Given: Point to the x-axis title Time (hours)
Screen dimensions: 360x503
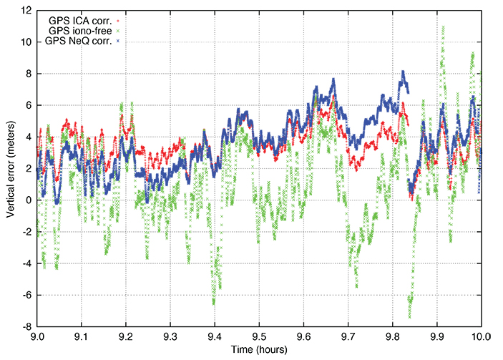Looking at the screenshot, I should pyautogui.click(x=259, y=350).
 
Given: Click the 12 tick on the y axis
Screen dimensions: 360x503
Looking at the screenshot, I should pyautogui.click(x=26, y=11).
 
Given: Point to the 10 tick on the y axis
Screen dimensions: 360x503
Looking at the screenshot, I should pyautogui.click(x=26, y=42).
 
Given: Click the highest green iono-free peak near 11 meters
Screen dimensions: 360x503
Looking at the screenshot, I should pyautogui.click(x=444, y=27).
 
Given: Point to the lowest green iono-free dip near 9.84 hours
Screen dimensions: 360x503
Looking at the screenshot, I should pyautogui.click(x=410, y=316).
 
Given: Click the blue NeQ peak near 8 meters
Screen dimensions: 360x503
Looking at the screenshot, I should pyautogui.click(x=404, y=72).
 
